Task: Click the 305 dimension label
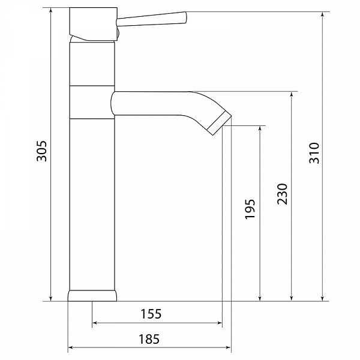click(x=42, y=151)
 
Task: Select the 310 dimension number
click(x=314, y=153)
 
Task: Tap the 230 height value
click(x=282, y=194)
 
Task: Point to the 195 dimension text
click(x=250, y=209)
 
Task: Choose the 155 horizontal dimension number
click(x=151, y=314)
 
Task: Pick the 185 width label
click(x=149, y=339)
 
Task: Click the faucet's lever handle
click(x=152, y=19)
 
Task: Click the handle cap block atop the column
click(x=94, y=24)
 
